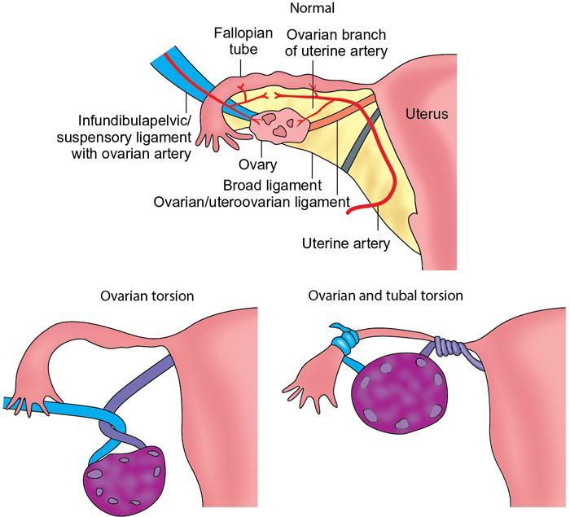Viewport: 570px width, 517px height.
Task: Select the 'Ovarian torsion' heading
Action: coord(147,296)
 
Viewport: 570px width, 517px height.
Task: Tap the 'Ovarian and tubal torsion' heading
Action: coord(385,296)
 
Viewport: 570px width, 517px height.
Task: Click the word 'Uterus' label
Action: coord(427,115)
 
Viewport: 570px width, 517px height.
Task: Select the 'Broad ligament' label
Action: coord(273,185)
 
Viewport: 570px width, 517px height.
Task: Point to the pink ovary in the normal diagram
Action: coord(277,125)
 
